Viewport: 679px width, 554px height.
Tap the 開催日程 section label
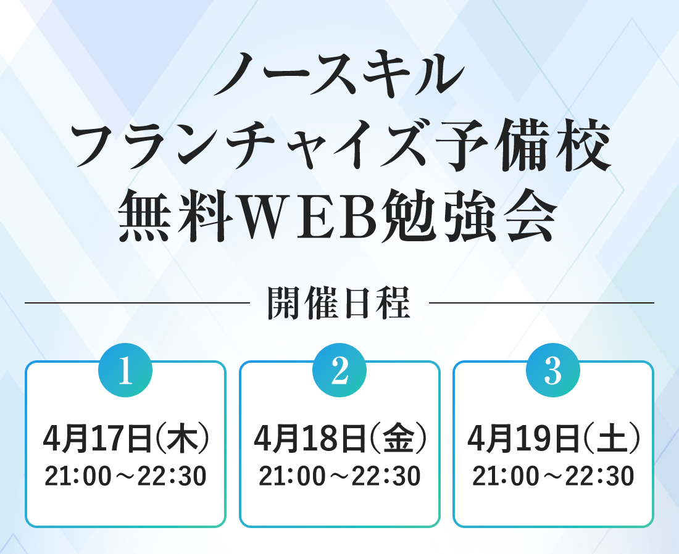pos(339,303)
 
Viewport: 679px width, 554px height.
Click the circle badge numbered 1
pos(125,371)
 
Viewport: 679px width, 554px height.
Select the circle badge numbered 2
pos(339,371)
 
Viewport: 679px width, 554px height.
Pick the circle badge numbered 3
pos(553,371)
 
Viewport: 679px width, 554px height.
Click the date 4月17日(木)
pos(125,439)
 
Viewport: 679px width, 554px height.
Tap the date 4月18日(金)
pos(340,439)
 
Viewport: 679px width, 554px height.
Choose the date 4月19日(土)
pos(554,439)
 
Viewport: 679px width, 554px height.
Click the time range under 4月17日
pos(125,476)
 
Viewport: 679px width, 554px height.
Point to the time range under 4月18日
pos(340,476)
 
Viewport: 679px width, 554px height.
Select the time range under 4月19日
pos(554,476)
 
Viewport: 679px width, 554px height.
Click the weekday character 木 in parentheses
pos(182,439)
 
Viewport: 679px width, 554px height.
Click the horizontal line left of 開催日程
pos(138,303)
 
